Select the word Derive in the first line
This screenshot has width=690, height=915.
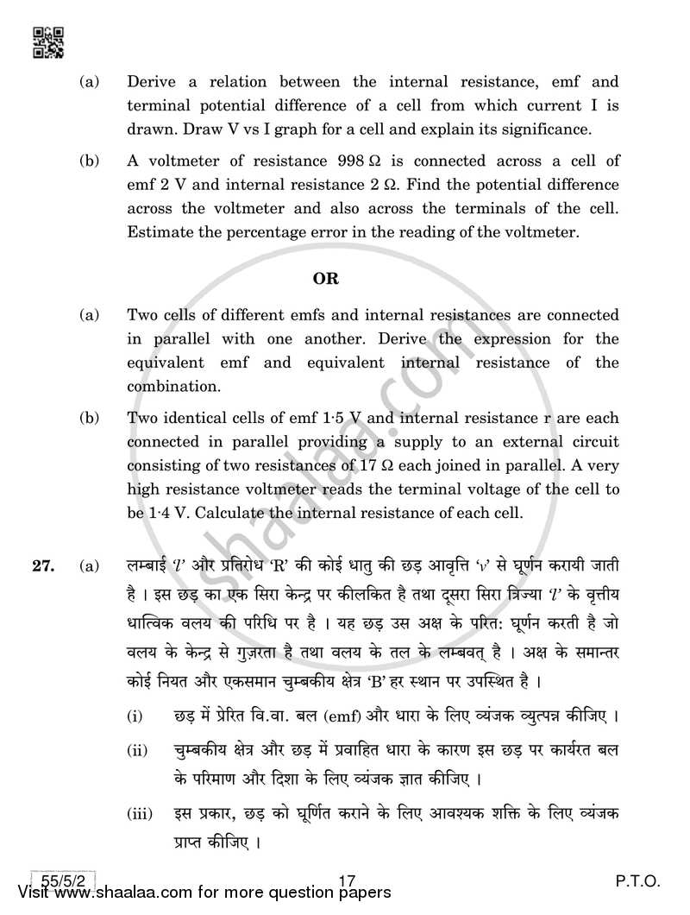point(152,83)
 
